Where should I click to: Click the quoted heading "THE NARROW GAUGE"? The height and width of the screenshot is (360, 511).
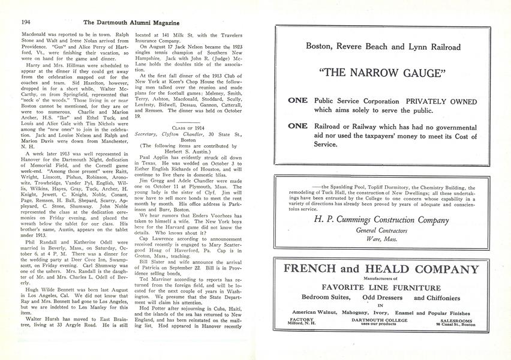coord(383,73)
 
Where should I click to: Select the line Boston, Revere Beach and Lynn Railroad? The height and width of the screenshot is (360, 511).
coord(383,47)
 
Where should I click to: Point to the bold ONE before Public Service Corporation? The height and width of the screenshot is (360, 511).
coord(298,101)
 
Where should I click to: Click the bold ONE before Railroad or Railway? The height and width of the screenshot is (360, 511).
coord(298,127)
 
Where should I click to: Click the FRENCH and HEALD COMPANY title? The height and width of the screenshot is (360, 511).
coord(382,267)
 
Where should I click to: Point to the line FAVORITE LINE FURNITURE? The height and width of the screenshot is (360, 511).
coord(382,287)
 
